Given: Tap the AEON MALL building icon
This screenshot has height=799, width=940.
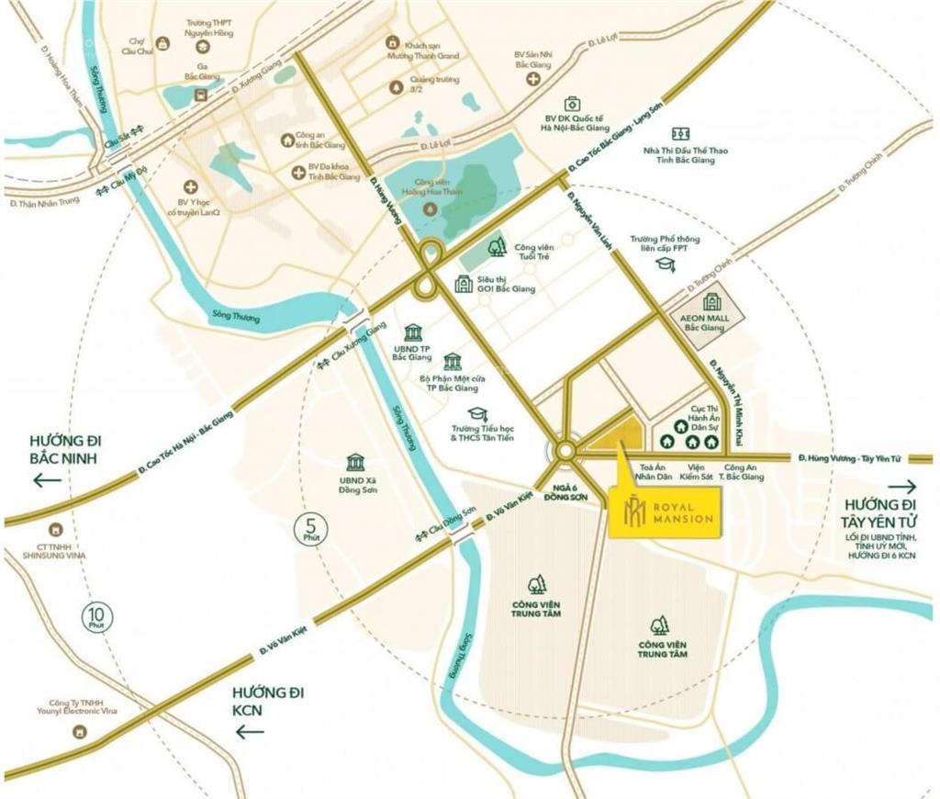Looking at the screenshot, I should click(712, 301).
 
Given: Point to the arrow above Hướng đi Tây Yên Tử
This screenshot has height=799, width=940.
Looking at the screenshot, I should click(901, 487).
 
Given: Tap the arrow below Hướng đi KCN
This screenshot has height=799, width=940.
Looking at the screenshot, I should click(250, 731).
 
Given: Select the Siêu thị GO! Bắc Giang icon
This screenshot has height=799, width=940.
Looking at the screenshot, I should click(463, 284).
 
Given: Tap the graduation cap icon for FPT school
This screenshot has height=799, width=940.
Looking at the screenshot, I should click(665, 264).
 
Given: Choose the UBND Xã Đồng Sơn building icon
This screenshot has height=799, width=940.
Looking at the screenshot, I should click(355, 462).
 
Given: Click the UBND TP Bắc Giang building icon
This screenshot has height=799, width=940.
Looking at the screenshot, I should click(412, 332).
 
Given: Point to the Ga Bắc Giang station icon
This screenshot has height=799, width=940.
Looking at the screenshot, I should click(200, 94).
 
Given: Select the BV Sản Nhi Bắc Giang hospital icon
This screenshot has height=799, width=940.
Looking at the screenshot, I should click(532, 78).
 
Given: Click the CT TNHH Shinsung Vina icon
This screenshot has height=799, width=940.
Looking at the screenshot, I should click(56, 530).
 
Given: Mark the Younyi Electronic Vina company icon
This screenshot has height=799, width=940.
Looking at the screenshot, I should click(80, 731).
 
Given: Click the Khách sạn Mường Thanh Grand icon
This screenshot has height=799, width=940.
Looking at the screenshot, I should click(392, 42).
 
